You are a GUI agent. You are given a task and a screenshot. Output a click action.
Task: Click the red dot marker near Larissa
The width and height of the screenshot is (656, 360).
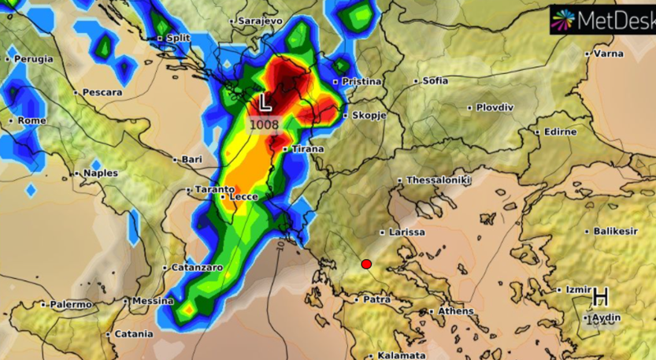pos(366,265)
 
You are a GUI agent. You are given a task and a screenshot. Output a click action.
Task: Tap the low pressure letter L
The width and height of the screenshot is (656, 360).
pos(265,102)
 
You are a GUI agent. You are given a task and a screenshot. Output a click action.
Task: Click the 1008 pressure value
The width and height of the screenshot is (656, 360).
pos(265,124)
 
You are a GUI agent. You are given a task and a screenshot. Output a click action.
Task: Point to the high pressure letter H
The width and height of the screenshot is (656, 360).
pos(601,297)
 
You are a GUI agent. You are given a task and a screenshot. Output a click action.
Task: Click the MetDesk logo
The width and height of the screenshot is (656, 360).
pos(602,20)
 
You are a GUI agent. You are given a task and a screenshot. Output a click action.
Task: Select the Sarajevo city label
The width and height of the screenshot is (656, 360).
pos(260,20)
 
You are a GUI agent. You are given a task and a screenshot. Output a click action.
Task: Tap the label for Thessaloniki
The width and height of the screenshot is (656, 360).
pos(438,180)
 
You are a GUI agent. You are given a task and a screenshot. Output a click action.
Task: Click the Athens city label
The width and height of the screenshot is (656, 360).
pos(456,311)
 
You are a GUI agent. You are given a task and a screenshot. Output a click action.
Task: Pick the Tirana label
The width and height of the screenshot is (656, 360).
pos(306,149)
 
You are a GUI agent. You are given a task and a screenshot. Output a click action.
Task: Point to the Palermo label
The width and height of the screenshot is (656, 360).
pos(71,304)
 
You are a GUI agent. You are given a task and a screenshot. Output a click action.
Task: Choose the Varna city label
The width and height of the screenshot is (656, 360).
pos(607,54)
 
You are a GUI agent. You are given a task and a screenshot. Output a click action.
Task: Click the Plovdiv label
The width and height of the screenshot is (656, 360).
pos(495,107)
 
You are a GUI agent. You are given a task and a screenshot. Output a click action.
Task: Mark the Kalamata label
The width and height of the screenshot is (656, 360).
pos(401,355)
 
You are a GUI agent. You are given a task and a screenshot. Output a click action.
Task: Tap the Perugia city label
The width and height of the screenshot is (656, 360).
pos(33,59)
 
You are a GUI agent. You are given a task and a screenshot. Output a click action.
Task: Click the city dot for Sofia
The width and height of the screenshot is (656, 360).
pos(417,81)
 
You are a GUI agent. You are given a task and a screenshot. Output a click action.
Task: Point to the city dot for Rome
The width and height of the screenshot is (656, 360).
pos(11,121)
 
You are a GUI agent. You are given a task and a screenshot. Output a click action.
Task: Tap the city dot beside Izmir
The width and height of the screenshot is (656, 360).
pos(559,291)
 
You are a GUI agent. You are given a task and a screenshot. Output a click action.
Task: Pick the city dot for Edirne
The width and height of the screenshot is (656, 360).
pos(537,132)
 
